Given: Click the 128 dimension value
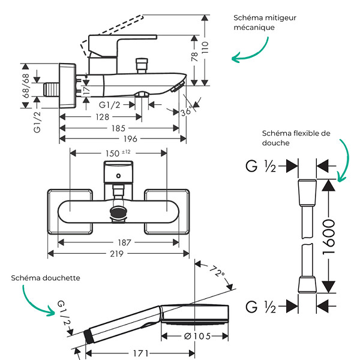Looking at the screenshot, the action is coord(102,117).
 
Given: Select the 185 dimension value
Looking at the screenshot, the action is coord(118,128).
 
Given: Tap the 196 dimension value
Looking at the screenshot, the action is coord(130,139).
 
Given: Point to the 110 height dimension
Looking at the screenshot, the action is coord(205,47).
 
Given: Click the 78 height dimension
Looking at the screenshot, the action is coord(194,57).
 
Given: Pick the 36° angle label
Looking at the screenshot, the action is coord(187,112).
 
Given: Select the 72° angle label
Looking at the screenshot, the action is coord(217,271).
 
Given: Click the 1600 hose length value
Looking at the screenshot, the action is coord(329,237).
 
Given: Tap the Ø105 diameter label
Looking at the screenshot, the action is coord(197,337).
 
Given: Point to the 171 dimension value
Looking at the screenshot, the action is coord(141,353).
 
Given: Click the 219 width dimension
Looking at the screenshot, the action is coord(116,254).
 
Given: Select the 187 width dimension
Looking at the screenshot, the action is coord(124,242).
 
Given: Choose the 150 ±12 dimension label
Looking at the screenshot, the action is coord(118,153).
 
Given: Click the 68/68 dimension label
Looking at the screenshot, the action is coord(26,86).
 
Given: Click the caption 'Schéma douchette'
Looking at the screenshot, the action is coord(46,278).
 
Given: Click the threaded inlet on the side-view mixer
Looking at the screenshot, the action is coord(52,90).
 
